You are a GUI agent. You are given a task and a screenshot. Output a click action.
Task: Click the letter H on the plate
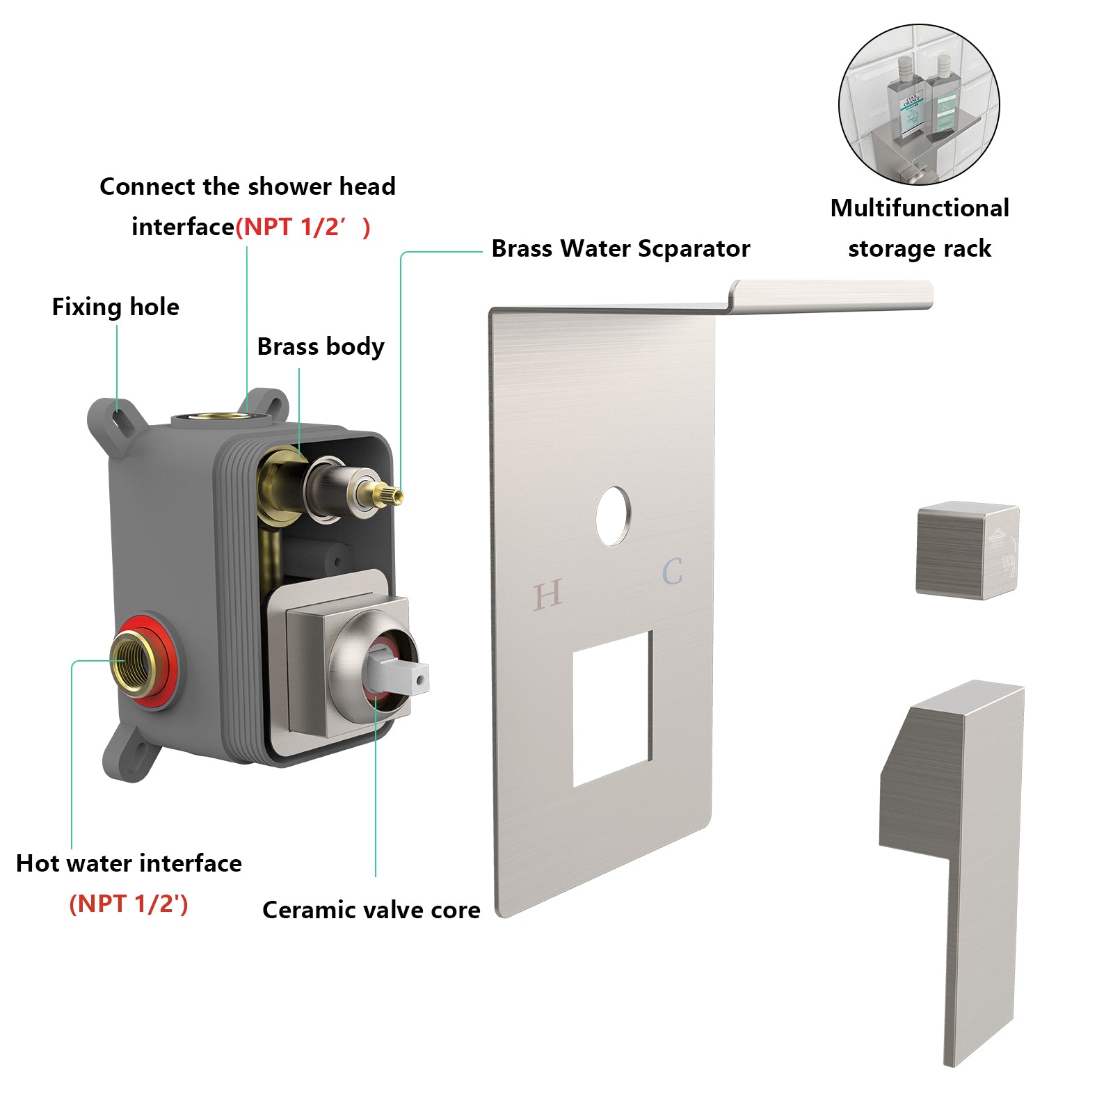click(x=547, y=595)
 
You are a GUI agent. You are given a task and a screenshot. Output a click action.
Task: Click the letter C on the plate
click(x=672, y=572)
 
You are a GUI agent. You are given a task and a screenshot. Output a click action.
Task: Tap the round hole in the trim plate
click(x=613, y=515)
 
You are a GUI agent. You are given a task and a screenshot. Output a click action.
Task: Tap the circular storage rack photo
click(x=919, y=105)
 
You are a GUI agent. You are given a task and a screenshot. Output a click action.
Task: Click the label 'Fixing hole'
click(x=115, y=307)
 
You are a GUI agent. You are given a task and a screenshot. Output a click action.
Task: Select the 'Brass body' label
click(x=320, y=346)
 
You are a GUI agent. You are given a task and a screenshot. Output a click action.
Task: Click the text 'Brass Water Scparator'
click(x=620, y=248)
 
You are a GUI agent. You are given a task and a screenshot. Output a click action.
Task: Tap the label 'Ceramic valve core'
click(x=371, y=910)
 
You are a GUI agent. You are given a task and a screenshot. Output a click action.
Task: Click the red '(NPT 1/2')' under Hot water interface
click(x=129, y=904)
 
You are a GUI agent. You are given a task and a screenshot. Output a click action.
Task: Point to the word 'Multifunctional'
click(x=919, y=208)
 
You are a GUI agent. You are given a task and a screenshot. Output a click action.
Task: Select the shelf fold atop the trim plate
click(x=831, y=296)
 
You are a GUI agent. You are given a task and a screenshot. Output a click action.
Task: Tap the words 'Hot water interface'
click(x=129, y=863)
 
